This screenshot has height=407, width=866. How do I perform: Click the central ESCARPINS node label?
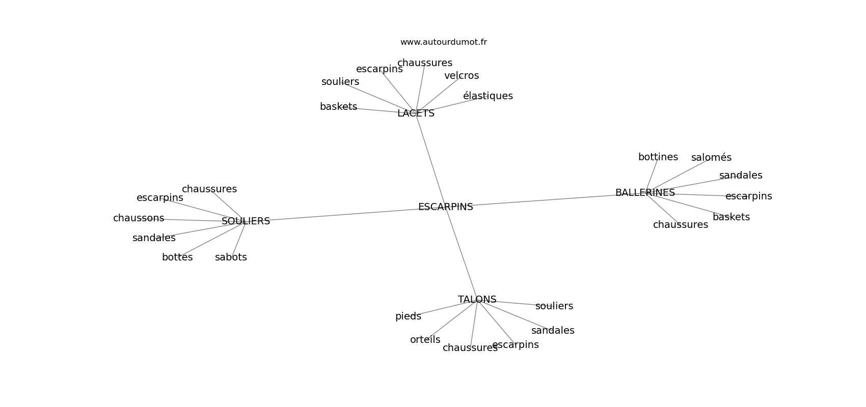(445, 207)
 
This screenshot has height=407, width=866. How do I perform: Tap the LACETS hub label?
(416, 113)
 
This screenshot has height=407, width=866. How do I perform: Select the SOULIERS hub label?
(246, 221)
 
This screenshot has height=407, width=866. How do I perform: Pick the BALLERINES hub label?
(645, 193)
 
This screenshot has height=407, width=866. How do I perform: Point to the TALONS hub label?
(477, 300)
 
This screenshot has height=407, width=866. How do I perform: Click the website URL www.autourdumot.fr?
(443, 42)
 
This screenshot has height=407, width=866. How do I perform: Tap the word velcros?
(462, 76)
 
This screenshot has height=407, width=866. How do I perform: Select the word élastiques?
(488, 96)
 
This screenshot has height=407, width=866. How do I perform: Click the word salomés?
(711, 158)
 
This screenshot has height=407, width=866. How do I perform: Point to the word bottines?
(658, 157)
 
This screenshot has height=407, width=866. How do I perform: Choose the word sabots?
(231, 257)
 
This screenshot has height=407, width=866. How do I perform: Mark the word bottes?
(177, 257)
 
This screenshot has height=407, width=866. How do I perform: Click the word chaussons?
(139, 218)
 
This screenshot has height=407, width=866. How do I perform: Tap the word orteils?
(425, 340)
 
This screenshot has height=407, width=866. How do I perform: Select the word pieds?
(408, 316)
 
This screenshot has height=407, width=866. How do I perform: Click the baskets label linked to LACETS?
(338, 107)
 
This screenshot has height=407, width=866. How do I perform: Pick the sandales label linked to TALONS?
(553, 331)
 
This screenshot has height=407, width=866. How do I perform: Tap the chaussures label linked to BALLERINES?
(680, 225)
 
